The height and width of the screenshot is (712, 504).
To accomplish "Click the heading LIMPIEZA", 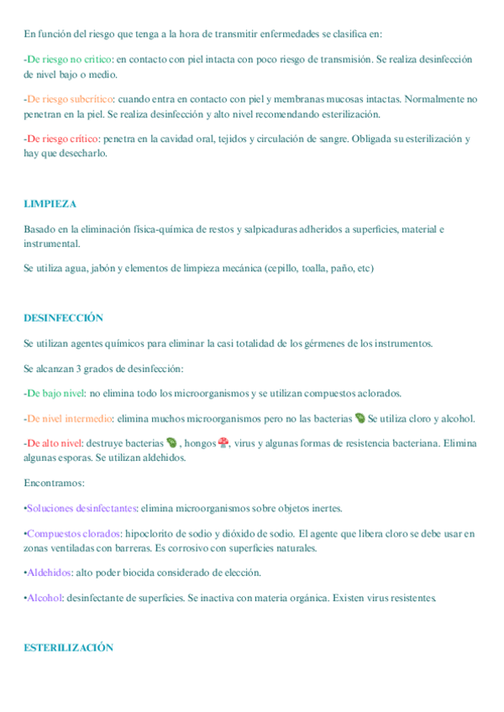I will coord(50,204).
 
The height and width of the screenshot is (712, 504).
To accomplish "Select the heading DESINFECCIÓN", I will coord(63,318).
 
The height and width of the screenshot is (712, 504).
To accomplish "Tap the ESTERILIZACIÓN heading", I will coord(68,647).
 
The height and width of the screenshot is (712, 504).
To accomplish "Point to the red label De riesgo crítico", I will coord(63,139).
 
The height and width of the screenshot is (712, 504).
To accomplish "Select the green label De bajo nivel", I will coord(55,393).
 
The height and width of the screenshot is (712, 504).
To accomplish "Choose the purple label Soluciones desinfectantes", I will coord(81,508).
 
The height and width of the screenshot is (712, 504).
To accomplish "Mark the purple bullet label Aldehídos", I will coord(50,573).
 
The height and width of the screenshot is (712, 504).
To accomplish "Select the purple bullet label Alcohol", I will coord(44,598).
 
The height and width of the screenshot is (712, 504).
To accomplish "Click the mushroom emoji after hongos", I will coord(223,442).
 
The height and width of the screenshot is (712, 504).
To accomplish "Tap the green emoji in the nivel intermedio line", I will coord(360,418).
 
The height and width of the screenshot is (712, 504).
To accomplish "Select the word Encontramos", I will coord(53,483).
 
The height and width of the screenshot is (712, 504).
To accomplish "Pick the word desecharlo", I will coord(83,153).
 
